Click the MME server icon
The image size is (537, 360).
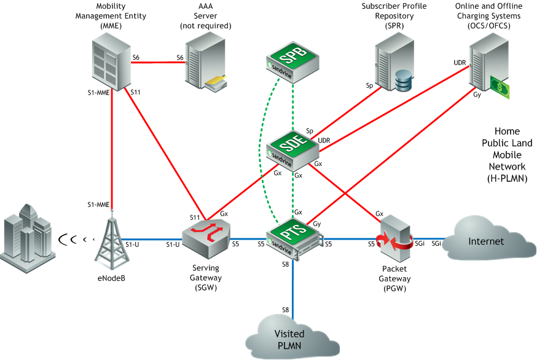coord(111,63)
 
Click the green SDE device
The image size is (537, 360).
coord(292,150)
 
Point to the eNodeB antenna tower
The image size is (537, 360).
coord(111,243)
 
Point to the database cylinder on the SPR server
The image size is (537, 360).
coord(404,80)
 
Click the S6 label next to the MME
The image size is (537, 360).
coord(136,57)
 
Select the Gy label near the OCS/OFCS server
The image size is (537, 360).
coord(477,95)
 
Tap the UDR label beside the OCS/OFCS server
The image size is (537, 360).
coord(460,63)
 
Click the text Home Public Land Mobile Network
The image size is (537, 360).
coord(507,154)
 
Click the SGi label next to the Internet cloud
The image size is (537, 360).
coord(436,244)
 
